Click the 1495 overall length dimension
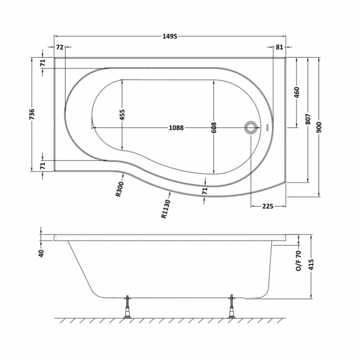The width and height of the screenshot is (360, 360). pyautogui.click(x=170, y=36)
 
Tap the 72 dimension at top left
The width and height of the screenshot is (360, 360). pyautogui.click(x=59, y=47)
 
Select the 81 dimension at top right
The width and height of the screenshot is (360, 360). pyautogui.click(x=279, y=47)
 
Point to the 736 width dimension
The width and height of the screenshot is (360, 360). pyautogui.click(x=32, y=114)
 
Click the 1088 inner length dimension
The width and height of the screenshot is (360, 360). pyautogui.click(x=176, y=127)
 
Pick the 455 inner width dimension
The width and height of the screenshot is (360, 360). pyautogui.click(x=122, y=115)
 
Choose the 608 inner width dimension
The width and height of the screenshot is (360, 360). pyautogui.click(x=214, y=127)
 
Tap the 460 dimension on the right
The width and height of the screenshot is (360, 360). pyautogui.click(x=297, y=92)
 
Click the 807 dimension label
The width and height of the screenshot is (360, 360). pyautogui.click(x=308, y=119)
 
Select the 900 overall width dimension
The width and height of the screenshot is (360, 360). pyautogui.click(x=319, y=127)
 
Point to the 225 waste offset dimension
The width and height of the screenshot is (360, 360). pyautogui.click(x=268, y=207)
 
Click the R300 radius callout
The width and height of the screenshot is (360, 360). pyautogui.click(x=120, y=189)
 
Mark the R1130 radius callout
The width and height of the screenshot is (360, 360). pyautogui.click(x=166, y=209)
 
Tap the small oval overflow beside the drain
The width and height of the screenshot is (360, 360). pyautogui.click(x=268, y=127)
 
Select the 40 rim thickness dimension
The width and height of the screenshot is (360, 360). pyautogui.click(x=41, y=253)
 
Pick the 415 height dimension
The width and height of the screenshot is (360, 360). pyautogui.click(x=311, y=265)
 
